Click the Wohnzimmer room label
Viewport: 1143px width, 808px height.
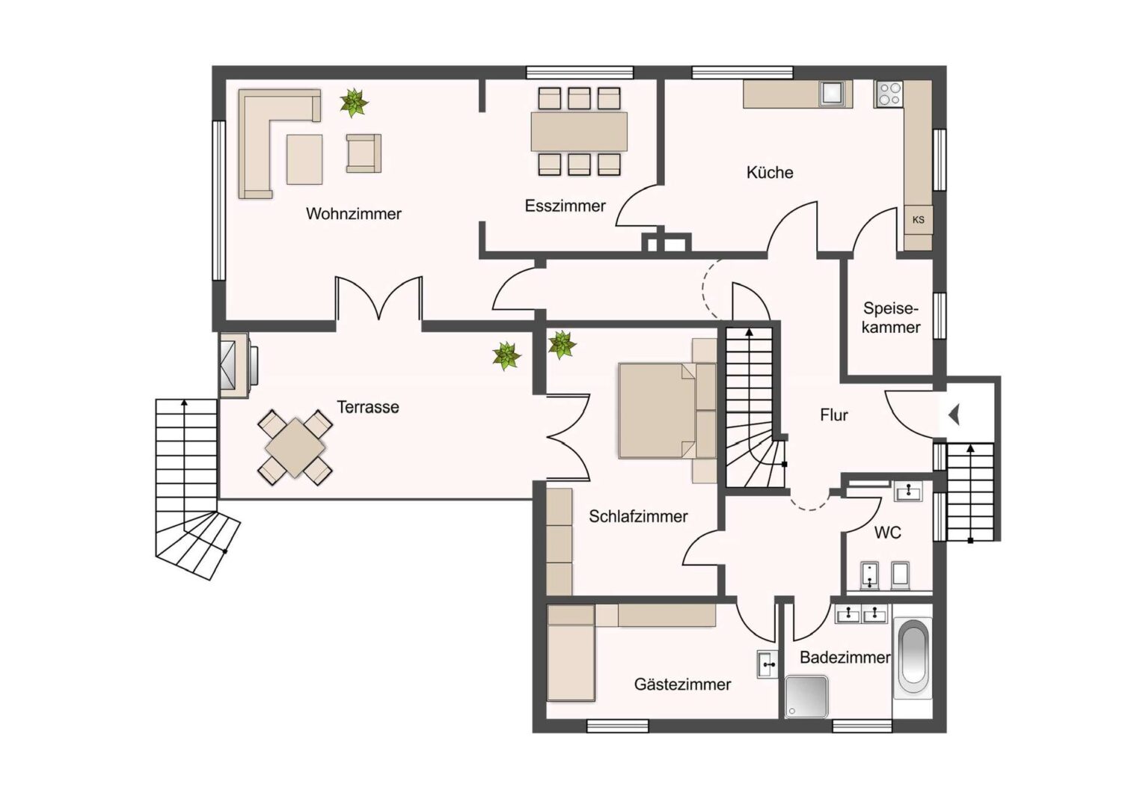tap(354, 213)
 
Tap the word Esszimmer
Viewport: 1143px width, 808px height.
tap(566, 206)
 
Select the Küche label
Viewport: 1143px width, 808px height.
tap(770, 173)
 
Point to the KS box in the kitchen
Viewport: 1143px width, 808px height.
tap(919, 220)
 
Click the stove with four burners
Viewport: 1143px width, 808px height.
tap(889, 94)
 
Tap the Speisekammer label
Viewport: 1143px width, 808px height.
tap(891, 317)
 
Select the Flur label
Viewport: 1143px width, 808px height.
tap(834, 415)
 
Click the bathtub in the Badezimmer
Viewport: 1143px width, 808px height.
tap(913, 658)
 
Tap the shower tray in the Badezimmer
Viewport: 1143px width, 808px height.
tap(806, 697)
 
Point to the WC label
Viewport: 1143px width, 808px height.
tap(888, 533)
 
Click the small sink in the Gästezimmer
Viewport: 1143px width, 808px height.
tap(767, 664)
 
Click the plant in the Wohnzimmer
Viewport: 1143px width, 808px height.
tap(354, 102)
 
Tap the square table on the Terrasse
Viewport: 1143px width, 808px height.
tap(295, 447)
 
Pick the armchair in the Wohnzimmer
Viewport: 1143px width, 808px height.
tap(364, 153)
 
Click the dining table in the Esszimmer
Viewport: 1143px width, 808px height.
tap(579, 131)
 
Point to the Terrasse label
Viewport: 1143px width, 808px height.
tap(368, 407)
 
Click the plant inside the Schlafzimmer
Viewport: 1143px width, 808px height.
tap(562, 345)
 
